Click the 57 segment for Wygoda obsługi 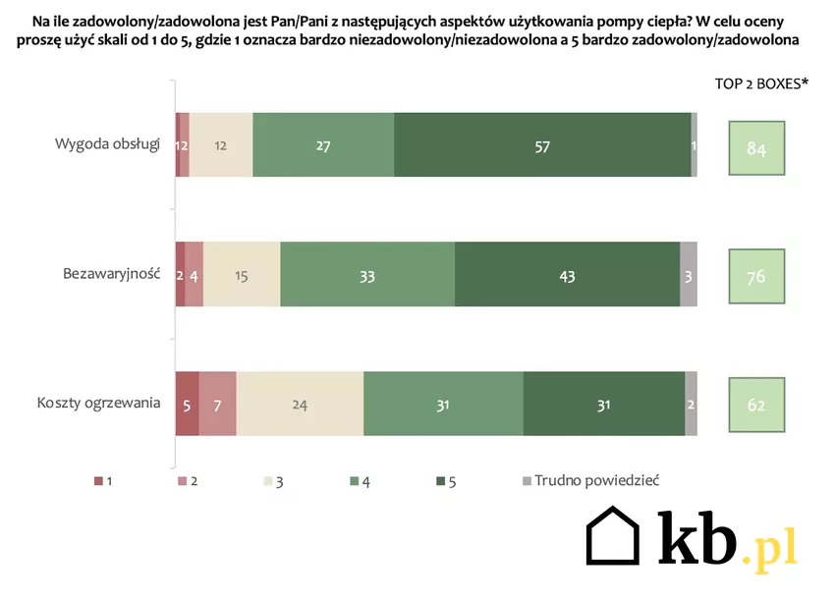(542, 145)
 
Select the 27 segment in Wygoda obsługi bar (323, 145)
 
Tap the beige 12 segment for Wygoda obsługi (221, 145)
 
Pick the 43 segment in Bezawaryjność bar (567, 275)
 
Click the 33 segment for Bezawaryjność (367, 275)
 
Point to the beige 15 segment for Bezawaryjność (242, 275)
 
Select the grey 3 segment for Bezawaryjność (689, 275)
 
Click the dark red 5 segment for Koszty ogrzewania (187, 404)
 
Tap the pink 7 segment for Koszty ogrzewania (217, 404)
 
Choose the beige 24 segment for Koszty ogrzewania (300, 404)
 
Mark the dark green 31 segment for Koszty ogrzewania (603, 404)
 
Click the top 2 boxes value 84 (756, 149)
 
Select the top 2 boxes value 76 (756, 276)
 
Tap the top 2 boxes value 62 (756, 405)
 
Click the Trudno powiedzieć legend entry (590, 480)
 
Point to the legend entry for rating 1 (103, 481)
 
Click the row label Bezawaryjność (111, 274)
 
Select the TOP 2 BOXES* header (761, 83)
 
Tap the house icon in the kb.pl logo (613, 539)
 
